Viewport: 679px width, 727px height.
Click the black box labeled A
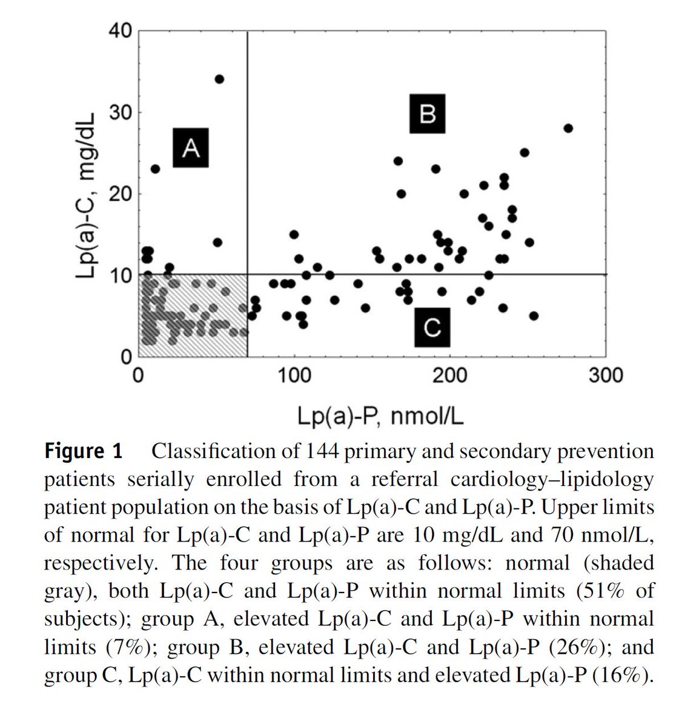[x=191, y=148]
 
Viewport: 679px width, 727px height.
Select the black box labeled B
[x=427, y=113]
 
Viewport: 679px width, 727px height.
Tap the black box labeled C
[x=432, y=327]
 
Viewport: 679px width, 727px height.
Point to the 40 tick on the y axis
[x=120, y=30]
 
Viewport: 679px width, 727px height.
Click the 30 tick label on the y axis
[x=120, y=112]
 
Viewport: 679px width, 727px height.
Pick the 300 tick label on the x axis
[x=606, y=376]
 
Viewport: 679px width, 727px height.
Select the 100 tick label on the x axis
[x=294, y=376]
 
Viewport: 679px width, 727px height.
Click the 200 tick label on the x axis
[x=450, y=376]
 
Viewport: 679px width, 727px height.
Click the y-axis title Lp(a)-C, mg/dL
[x=86, y=195]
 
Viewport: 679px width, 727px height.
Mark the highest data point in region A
[x=219, y=79]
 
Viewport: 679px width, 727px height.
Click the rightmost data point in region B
[x=568, y=128]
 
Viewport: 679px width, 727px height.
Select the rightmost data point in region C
[x=534, y=316]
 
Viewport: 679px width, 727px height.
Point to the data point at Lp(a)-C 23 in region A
[x=155, y=169]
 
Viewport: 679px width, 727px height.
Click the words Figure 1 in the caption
[x=83, y=451]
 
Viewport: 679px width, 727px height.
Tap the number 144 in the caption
[x=322, y=451]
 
